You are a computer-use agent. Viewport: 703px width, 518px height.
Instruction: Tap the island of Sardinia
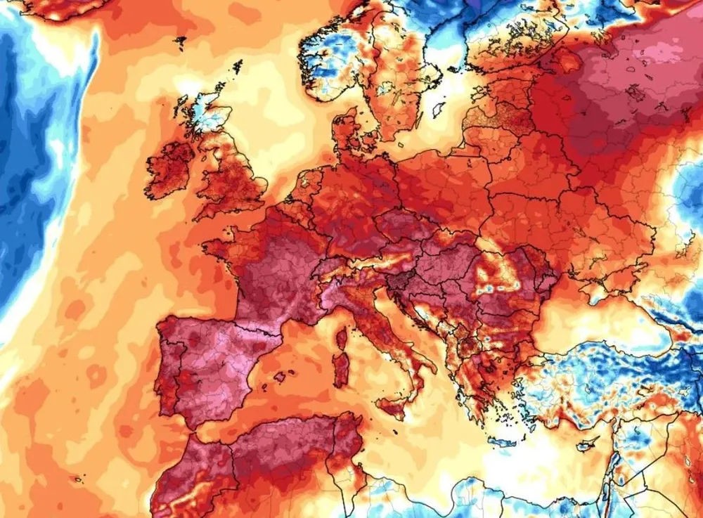342,369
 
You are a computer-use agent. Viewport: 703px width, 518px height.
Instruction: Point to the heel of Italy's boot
432,366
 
